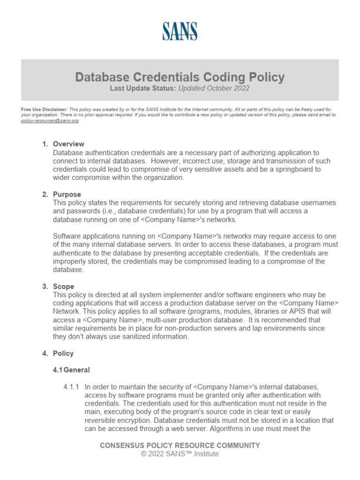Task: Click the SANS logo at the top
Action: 180,31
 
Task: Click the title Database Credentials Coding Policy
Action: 180,77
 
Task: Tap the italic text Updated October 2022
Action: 207,88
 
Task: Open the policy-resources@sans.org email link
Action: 50,120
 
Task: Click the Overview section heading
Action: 68,144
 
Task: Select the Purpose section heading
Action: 67,194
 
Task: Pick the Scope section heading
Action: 64,286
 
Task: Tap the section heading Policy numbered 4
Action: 63,353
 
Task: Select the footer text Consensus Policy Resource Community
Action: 180,445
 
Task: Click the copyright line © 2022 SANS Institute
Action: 180,454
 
